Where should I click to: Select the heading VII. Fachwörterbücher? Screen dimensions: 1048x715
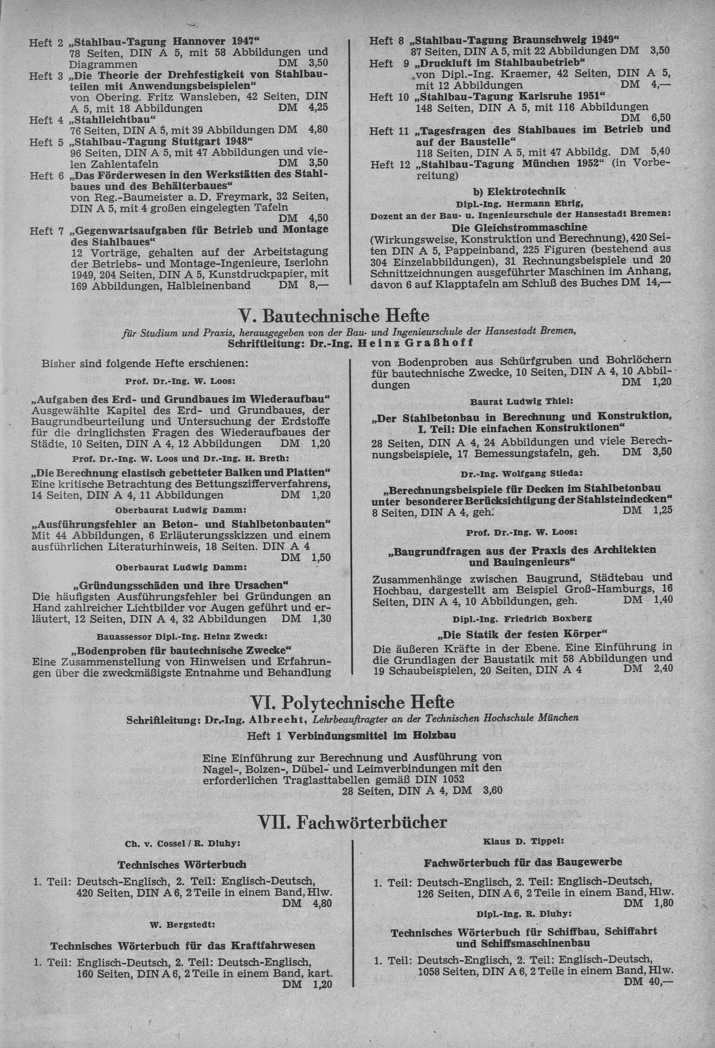coord(352,822)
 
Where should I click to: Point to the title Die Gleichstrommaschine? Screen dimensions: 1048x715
coord(520,228)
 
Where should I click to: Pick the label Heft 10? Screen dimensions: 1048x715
coord(389,97)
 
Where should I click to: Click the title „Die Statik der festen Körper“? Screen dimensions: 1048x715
coord(522,634)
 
